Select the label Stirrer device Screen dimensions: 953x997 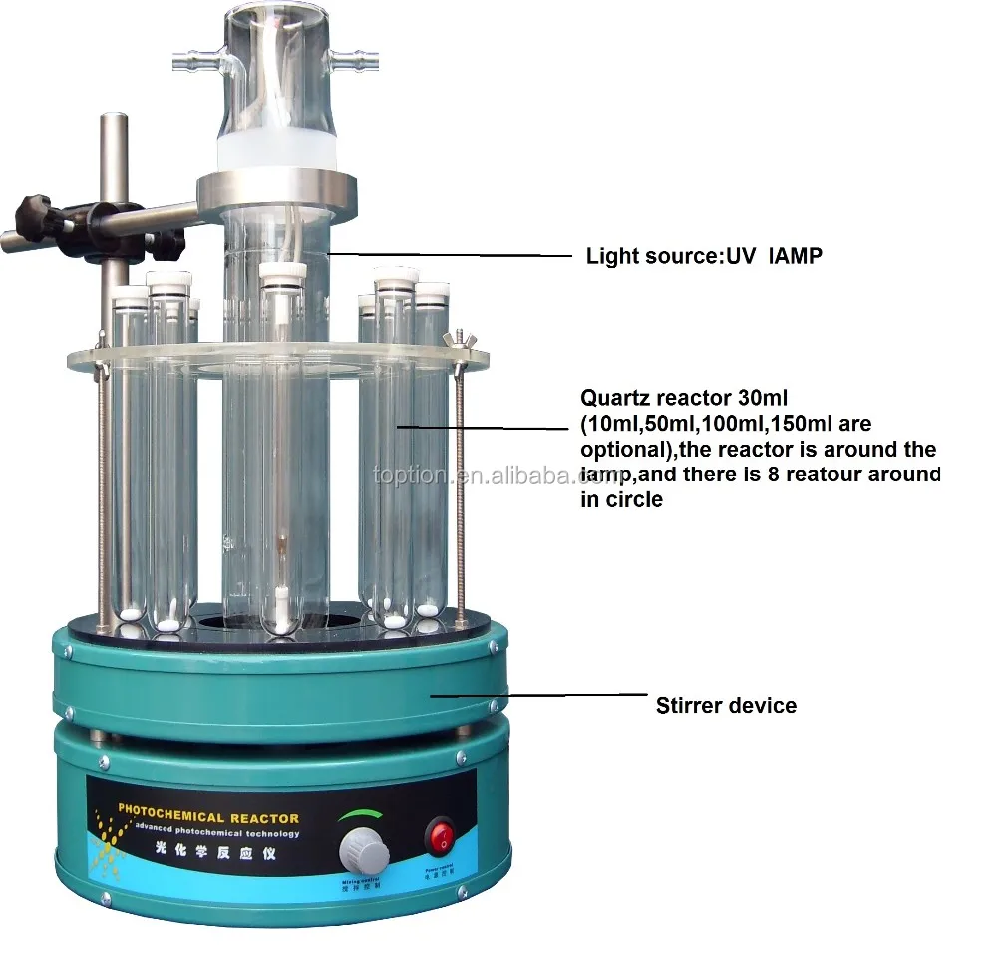click(726, 706)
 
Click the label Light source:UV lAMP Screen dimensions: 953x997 click(704, 256)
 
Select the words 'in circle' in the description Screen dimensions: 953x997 click(621, 500)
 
